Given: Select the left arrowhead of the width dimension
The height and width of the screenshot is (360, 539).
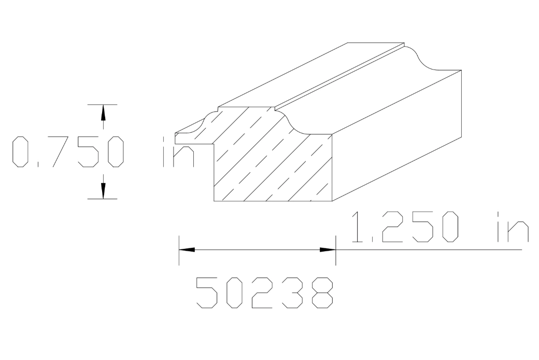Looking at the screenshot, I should coord(187,250).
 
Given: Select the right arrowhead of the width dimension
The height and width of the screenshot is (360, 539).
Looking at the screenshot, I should coord(328,250).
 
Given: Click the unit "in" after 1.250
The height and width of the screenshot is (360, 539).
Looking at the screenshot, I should coord(512,227).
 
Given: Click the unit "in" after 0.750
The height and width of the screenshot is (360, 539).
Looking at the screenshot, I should coord(179,152).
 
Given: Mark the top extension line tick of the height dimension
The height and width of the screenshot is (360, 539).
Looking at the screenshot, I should coord(103,104).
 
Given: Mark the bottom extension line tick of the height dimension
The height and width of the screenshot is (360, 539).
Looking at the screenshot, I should coord(103,199).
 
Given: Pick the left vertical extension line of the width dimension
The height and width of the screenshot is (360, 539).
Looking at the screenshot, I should coord(179,250).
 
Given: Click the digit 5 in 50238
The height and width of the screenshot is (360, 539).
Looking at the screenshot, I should coord(206,293).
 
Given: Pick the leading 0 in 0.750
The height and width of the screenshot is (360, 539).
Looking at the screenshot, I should coord(21,152).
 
